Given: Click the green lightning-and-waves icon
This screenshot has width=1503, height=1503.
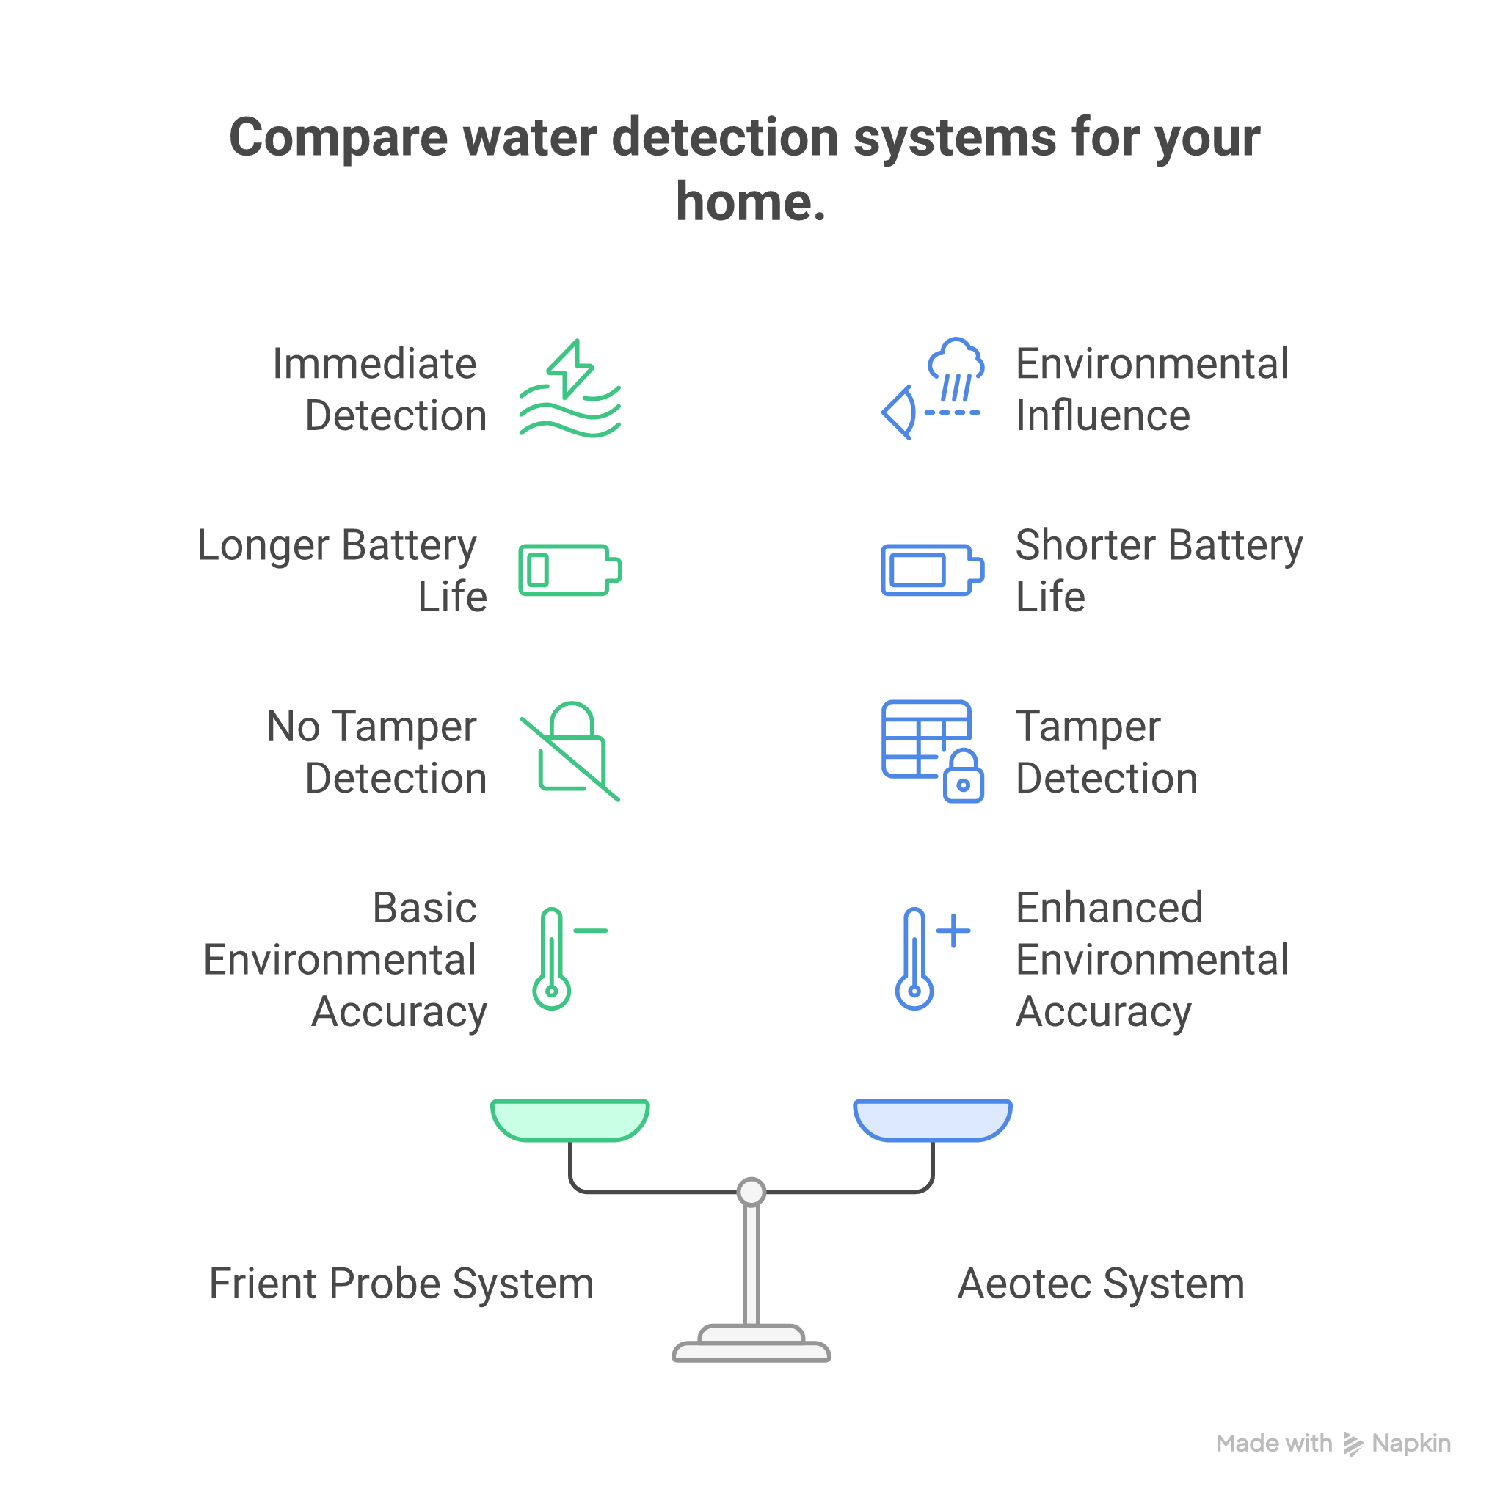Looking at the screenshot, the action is [x=570, y=389].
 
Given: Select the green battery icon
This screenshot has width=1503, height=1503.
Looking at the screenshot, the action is [x=570, y=570].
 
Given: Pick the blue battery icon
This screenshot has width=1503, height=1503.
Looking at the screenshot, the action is [x=932, y=570].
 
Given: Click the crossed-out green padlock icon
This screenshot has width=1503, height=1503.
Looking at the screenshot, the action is [x=570, y=751].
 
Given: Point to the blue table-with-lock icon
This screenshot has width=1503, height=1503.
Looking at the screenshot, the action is [x=932, y=751].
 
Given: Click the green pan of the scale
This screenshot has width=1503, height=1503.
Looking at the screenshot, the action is [x=570, y=1119].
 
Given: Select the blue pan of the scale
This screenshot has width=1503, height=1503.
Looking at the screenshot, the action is [x=932, y=1119].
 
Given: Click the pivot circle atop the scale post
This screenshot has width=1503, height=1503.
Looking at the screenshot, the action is [x=751, y=1191].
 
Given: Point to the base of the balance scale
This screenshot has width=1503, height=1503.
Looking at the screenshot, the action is [x=751, y=1344].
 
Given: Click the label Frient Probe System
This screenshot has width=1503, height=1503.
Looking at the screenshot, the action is [x=401, y=1284].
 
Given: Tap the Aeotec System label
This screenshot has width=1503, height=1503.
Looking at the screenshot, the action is [x=1100, y=1284].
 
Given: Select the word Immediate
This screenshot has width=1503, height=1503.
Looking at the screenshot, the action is [x=374, y=364].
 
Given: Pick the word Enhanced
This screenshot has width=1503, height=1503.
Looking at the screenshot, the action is [x=1109, y=908].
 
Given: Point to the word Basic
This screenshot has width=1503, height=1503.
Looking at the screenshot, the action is [x=424, y=908].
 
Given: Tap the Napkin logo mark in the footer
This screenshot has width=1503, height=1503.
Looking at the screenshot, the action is [x=1353, y=1444].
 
